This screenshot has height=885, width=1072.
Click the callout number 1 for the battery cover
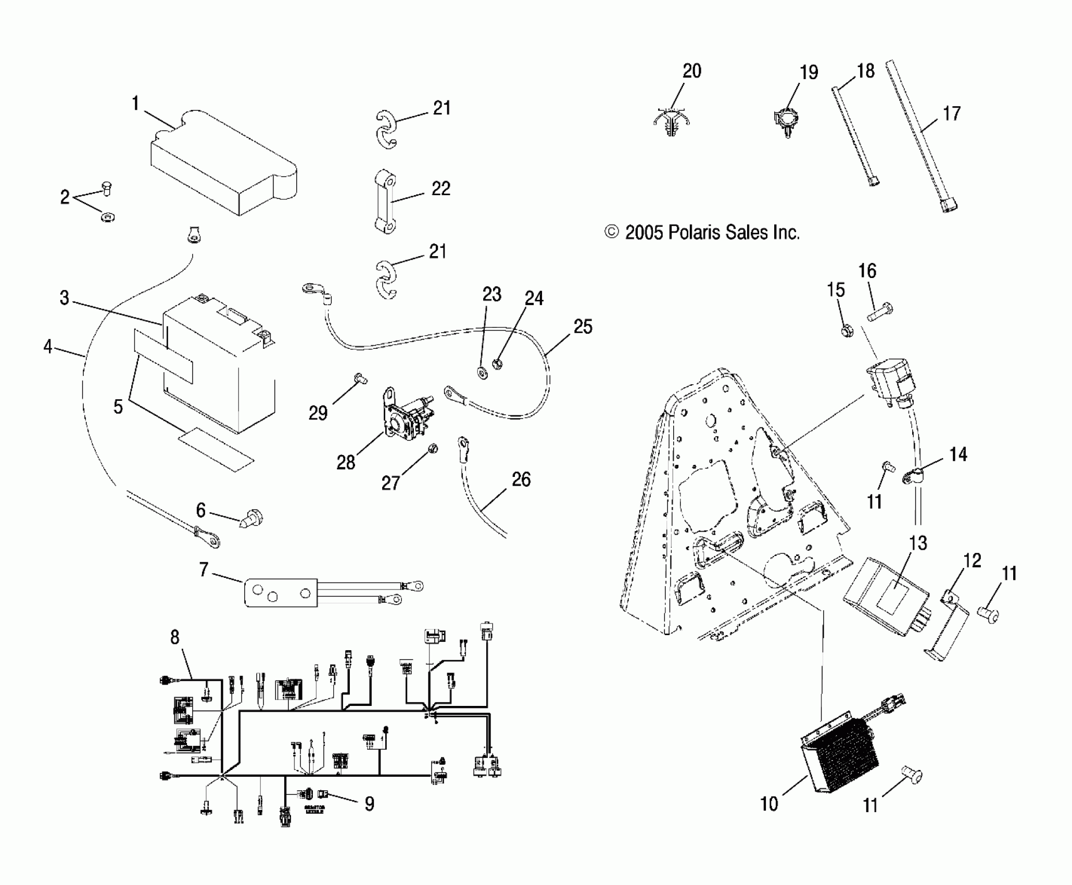tap(135, 104)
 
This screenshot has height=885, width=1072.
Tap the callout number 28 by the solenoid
tap(346, 462)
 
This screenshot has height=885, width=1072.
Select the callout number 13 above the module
tap(918, 543)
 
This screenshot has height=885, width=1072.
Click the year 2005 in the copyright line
tap(644, 232)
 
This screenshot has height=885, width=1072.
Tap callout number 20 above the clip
tap(691, 71)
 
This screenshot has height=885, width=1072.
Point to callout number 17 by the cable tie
tap(952, 113)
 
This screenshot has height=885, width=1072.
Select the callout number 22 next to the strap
tap(441, 188)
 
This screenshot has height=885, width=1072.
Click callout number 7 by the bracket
tap(204, 570)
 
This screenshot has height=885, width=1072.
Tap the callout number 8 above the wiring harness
tap(174, 637)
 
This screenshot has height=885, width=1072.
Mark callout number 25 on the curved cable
tap(583, 326)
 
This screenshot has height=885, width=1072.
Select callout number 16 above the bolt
tap(867, 271)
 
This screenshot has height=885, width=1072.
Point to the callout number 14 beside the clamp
tap(958, 454)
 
